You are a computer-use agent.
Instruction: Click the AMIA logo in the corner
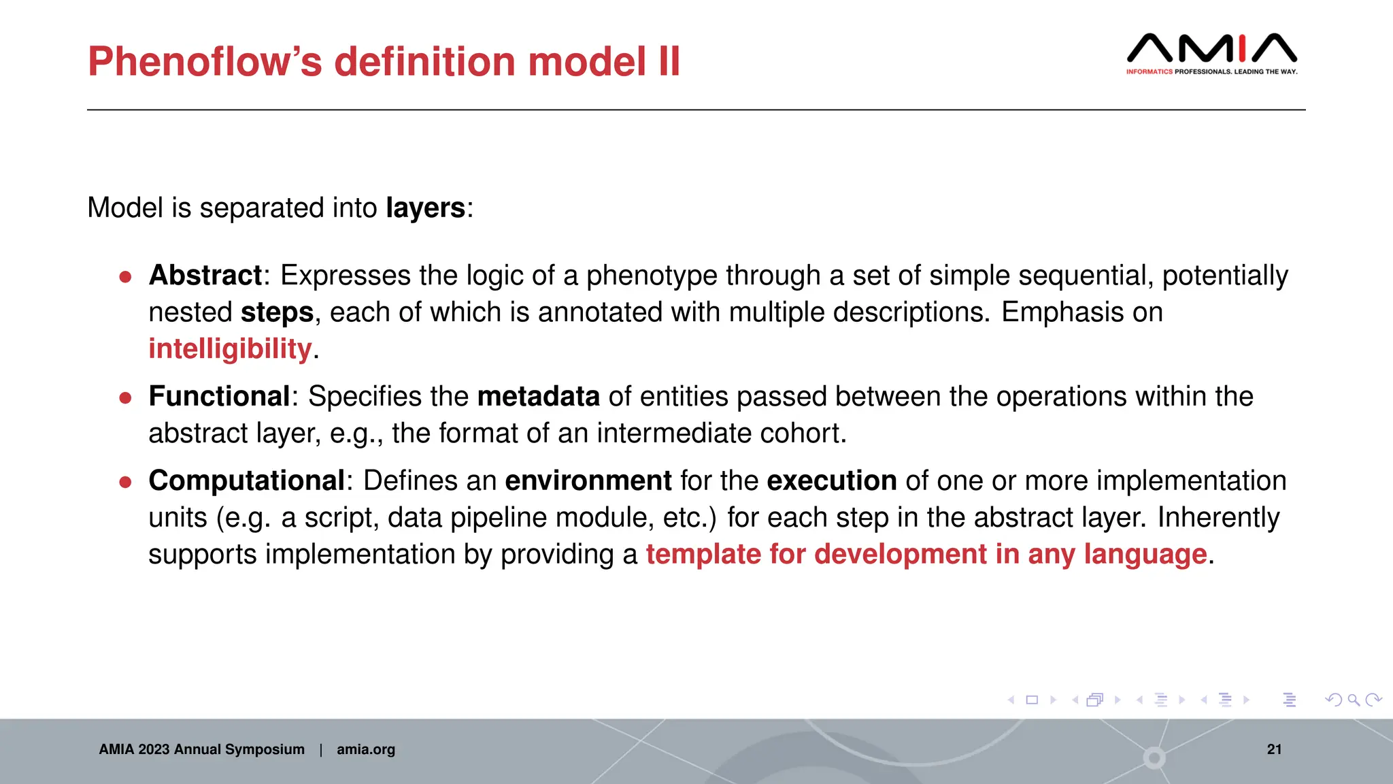tap(1211, 53)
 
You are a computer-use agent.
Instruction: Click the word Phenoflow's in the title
tap(205, 62)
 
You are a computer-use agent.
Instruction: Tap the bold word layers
tap(425, 208)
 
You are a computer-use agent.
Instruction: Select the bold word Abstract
tap(205, 276)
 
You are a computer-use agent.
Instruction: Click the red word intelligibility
tap(230, 349)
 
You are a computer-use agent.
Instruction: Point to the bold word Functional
tap(219, 397)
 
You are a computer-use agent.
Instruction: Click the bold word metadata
tap(538, 397)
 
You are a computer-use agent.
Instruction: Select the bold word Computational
tap(246, 481)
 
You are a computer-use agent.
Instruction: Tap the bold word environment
tap(588, 481)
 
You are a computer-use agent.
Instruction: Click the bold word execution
tap(831, 481)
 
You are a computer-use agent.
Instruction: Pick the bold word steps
tap(277, 313)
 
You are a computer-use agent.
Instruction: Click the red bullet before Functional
tap(125, 398)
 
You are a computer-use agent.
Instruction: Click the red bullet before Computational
tap(125, 483)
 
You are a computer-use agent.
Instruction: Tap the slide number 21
tap(1274, 749)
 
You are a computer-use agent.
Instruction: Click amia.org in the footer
tap(365, 749)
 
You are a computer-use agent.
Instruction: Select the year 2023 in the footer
tap(154, 749)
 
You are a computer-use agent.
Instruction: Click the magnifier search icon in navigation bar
tap(1354, 700)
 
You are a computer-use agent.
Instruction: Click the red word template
tap(703, 555)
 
